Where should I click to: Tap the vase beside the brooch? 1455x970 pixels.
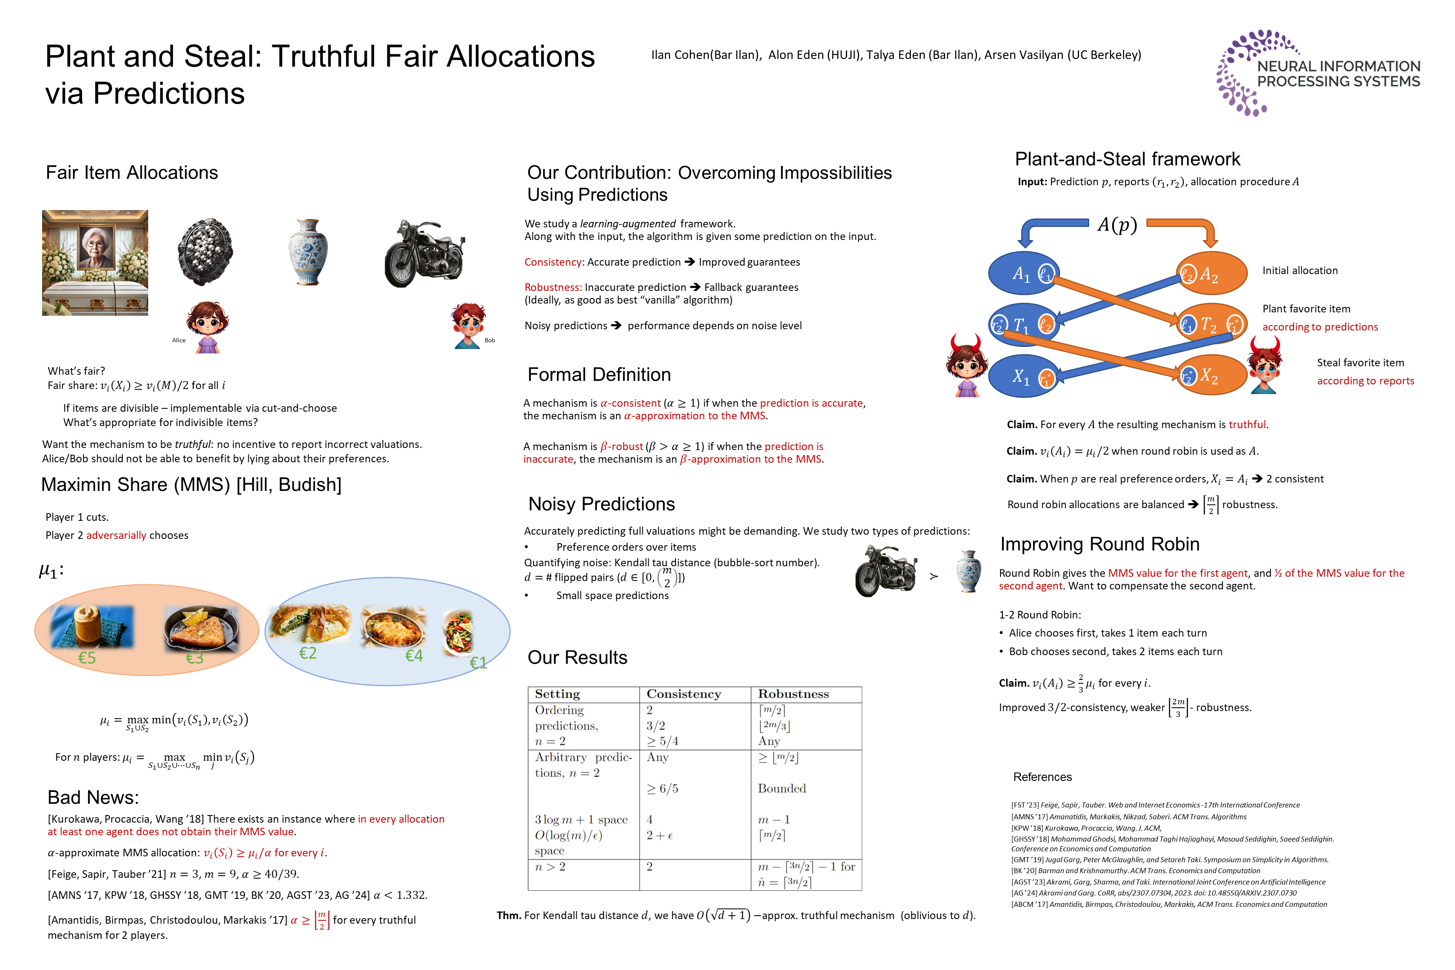tap(308, 252)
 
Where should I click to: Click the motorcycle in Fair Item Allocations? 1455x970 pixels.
tap(424, 253)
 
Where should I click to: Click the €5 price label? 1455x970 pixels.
tap(87, 658)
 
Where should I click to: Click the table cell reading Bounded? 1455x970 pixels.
tap(782, 788)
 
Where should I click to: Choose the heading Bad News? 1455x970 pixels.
tap(93, 797)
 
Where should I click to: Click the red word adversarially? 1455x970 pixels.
tap(116, 535)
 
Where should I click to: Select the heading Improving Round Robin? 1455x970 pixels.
tap(1099, 544)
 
